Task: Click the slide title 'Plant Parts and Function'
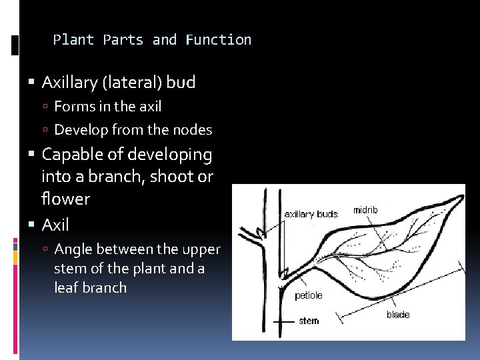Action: [152, 40]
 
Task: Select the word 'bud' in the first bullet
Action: [181, 83]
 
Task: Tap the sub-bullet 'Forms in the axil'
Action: [107, 106]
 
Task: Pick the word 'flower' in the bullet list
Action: [65, 199]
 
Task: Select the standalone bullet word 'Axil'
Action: [55, 225]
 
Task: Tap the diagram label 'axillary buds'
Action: [311, 214]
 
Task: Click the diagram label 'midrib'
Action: [365, 210]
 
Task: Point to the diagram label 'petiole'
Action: [308, 295]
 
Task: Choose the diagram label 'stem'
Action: [309, 321]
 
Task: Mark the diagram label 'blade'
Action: [398, 315]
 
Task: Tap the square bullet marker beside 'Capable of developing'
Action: [33, 155]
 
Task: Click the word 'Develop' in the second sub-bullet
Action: [77, 129]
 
